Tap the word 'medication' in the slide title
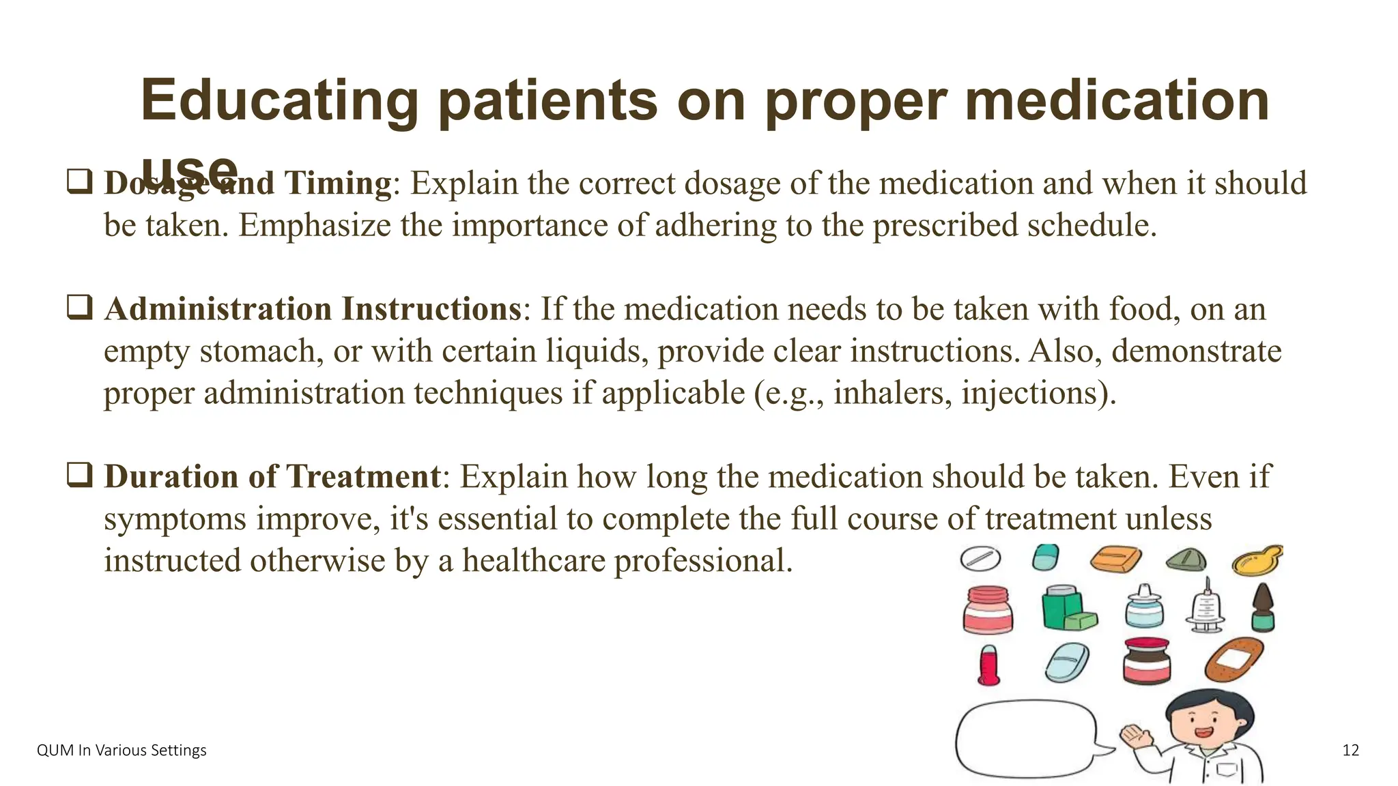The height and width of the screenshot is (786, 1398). (x=1117, y=101)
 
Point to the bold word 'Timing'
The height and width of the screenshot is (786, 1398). (x=337, y=183)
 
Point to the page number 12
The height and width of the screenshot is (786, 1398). (x=1350, y=751)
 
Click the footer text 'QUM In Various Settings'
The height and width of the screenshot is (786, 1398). (x=122, y=751)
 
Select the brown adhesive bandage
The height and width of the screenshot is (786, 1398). (x=1233, y=658)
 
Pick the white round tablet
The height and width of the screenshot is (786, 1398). (x=980, y=559)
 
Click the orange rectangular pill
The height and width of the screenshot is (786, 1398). (x=1115, y=559)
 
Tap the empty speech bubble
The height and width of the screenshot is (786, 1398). (x=1025, y=739)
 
